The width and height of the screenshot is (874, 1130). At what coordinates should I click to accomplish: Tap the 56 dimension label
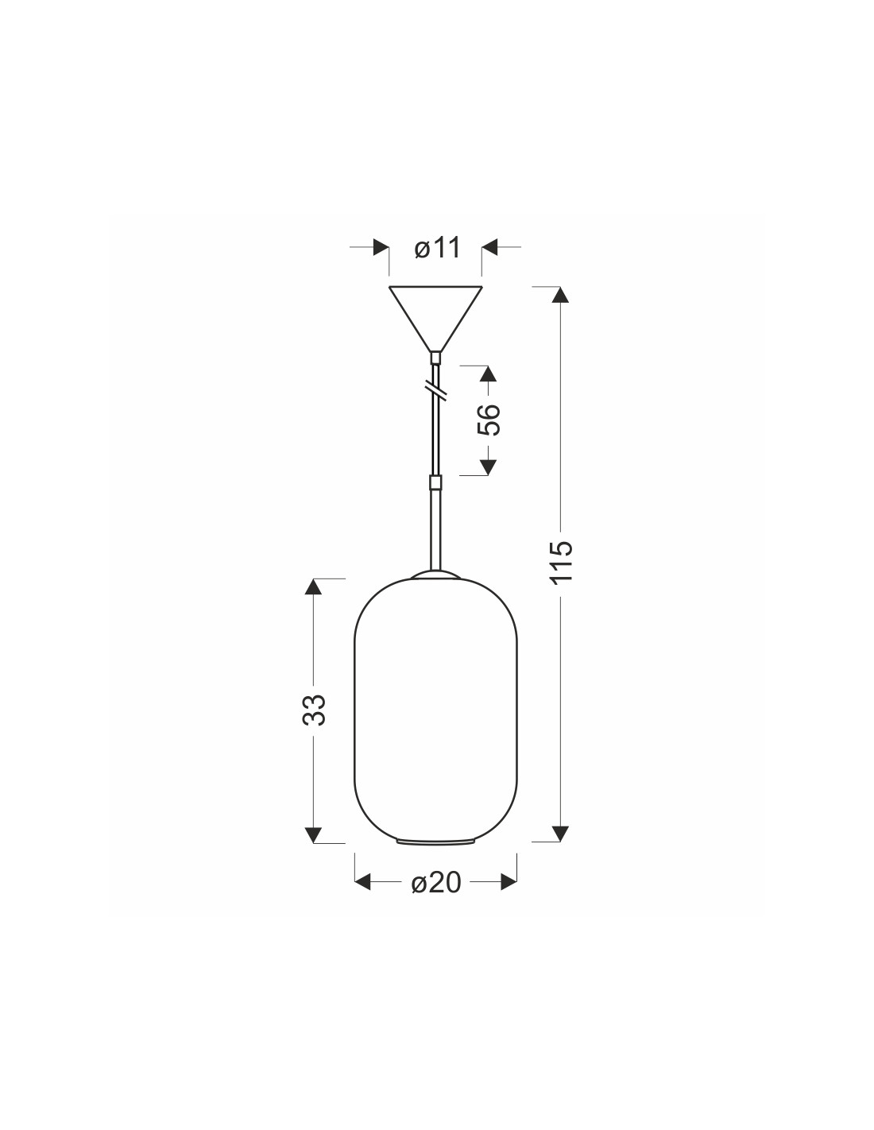488,419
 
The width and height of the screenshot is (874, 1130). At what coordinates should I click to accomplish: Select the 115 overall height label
561,563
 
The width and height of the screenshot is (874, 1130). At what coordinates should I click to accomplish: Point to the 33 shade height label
314,710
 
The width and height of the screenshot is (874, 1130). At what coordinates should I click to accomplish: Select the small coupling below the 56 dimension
435,482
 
